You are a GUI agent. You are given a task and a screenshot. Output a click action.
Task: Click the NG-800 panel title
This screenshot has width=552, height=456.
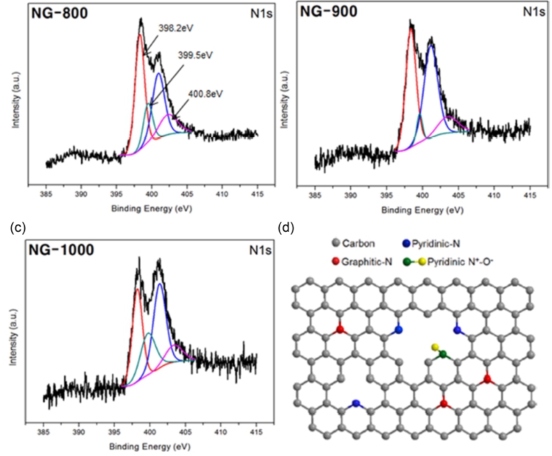click(x=59, y=13)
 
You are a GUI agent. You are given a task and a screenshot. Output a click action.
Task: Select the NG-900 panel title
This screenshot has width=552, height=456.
click(x=328, y=11)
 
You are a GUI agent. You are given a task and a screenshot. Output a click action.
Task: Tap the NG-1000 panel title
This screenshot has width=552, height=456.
click(x=61, y=250)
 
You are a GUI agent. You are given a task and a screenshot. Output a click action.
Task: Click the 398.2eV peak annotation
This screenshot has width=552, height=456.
click(x=176, y=28)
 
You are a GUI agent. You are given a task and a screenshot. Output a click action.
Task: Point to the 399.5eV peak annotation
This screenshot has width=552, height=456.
click(x=195, y=55)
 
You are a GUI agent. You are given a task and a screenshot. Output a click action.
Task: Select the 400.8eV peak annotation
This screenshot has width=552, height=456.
click(x=206, y=94)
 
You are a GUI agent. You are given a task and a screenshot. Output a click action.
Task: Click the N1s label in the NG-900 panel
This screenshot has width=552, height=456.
click(x=534, y=12)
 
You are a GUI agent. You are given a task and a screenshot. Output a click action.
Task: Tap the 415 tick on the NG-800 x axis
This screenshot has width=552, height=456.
click(x=257, y=194)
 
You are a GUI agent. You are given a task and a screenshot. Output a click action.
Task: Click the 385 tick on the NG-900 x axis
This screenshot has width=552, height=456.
click(x=315, y=195)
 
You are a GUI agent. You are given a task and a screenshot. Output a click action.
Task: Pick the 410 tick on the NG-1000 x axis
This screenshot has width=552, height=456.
click(x=221, y=432)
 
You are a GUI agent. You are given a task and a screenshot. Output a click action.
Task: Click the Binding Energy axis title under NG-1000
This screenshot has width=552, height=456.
click(x=150, y=447)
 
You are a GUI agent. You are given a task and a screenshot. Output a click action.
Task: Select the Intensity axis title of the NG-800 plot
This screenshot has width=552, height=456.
click(x=15, y=100)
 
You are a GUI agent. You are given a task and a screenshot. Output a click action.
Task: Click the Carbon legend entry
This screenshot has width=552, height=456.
click(x=353, y=243)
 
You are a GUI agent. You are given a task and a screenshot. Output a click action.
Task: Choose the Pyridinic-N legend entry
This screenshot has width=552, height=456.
click(x=431, y=243)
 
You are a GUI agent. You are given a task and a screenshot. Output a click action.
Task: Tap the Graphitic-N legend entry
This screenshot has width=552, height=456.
click(x=362, y=262)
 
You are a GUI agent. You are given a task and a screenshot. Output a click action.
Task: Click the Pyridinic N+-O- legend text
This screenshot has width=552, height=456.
click(x=461, y=262)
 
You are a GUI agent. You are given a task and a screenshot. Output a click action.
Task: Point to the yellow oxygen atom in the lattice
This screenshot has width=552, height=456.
click(x=435, y=347)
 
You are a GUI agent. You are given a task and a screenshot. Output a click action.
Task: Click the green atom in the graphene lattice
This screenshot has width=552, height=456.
click(x=443, y=354)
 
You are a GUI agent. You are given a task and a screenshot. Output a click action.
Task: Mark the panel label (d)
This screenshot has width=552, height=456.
click(x=286, y=228)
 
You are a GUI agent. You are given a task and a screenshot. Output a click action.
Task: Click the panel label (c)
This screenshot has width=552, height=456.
click(x=18, y=228)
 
